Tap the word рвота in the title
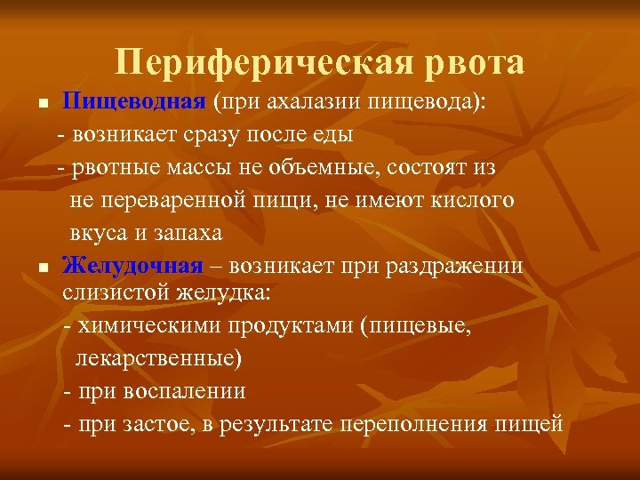click(471, 63)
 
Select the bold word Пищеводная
click(133, 101)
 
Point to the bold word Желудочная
click(132, 267)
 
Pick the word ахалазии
click(308, 101)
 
